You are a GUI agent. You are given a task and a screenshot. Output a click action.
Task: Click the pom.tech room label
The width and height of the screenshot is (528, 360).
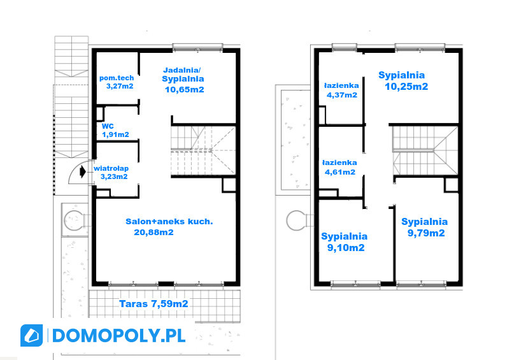(x=117, y=82)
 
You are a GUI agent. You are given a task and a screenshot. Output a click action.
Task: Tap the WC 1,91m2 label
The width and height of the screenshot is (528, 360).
(x=115, y=131)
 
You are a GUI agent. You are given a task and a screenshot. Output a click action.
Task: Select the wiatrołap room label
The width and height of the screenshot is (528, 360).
(x=111, y=172)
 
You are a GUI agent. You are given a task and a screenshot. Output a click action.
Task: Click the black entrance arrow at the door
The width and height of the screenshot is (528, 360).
(x=83, y=172)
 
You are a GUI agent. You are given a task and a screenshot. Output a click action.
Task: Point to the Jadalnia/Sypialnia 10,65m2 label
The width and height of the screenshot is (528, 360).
(x=183, y=80)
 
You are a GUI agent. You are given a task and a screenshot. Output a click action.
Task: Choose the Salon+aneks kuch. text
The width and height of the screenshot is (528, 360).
(x=169, y=221)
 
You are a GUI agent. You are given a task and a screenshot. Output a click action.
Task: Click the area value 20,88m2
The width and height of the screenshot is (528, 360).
(x=153, y=232)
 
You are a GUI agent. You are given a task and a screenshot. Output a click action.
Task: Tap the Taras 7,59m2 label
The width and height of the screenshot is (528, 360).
(x=153, y=304)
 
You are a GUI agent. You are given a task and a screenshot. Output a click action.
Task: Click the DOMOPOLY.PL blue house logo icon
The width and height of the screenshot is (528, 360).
(x=32, y=335)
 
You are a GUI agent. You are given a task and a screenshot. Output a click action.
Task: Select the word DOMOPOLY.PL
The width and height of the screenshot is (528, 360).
(x=118, y=335)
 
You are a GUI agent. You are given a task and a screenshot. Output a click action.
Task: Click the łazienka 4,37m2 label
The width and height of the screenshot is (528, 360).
(x=341, y=90)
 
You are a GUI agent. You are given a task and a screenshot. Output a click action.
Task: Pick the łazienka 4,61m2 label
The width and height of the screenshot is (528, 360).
(x=339, y=168)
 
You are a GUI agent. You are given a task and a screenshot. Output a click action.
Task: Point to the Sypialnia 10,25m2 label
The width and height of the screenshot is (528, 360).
(x=403, y=81)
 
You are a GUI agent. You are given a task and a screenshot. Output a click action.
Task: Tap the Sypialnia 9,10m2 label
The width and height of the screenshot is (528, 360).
(x=344, y=241)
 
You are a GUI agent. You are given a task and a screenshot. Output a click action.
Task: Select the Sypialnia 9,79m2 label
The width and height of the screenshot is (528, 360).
(x=425, y=227)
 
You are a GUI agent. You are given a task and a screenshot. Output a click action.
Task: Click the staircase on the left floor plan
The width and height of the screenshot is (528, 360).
(x=203, y=150)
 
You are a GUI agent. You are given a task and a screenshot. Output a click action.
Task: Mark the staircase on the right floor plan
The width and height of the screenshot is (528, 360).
(x=425, y=150)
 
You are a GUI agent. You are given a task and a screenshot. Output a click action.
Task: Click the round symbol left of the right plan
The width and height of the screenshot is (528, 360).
(x=296, y=220)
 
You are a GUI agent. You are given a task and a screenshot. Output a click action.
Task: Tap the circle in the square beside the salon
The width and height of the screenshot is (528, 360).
(x=74, y=220)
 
